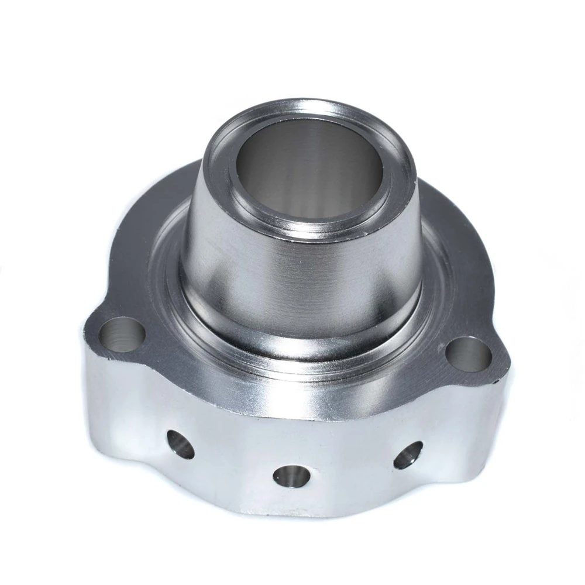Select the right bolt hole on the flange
point(468,354)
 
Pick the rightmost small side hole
point(407,456)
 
